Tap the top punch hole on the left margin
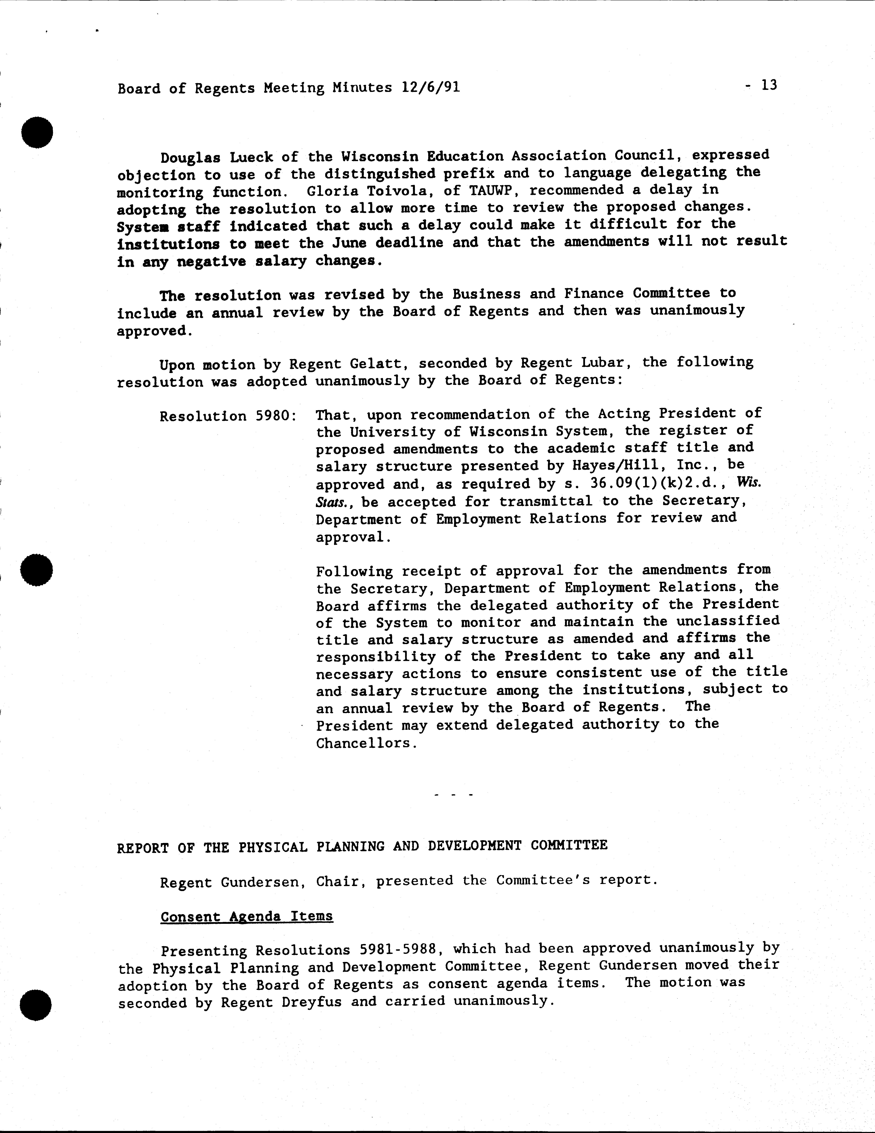(37, 132)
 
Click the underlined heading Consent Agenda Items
(247, 916)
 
